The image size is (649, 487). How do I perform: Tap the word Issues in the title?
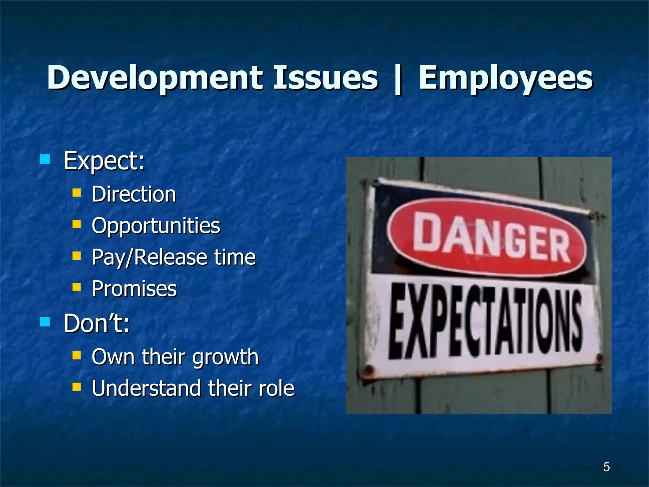click(x=325, y=78)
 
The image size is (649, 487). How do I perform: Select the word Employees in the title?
click(x=505, y=78)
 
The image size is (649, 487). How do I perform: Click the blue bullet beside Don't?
click(x=45, y=322)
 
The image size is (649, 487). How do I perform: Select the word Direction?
click(x=134, y=194)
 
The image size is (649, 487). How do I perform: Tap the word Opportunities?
click(x=156, y=226)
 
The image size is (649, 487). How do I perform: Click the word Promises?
click(x=134, y=289)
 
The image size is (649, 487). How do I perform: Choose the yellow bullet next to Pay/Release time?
click(x=76, y=256)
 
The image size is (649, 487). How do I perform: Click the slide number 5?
click(x=606, y=467)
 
